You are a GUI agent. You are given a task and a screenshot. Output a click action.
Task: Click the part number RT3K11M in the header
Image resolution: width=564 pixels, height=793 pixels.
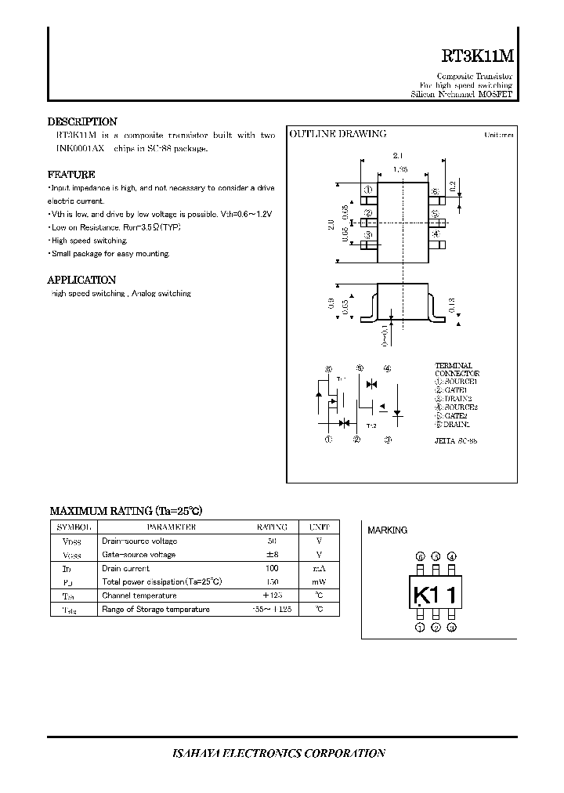tap(477, 56)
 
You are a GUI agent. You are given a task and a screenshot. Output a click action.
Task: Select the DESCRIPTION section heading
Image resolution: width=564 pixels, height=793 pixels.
tap(82, 121)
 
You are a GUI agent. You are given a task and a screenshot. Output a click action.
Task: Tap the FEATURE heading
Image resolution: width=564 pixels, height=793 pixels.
tap(71, 175)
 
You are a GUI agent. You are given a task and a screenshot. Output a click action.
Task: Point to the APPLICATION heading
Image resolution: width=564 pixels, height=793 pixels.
tap(81, 280)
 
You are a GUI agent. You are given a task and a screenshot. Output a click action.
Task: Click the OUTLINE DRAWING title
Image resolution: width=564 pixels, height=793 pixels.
tap(338, 134)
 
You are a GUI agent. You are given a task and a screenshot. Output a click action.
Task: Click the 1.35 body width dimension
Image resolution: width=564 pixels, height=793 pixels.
tap(400, 168)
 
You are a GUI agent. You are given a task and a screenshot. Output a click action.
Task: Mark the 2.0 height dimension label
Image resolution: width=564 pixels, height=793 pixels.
tap(331, 224)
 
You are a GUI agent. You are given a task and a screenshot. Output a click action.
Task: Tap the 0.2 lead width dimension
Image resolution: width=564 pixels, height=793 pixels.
tap(453, 186)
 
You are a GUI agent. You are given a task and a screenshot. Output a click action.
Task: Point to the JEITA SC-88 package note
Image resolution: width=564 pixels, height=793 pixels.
tap(456, 441)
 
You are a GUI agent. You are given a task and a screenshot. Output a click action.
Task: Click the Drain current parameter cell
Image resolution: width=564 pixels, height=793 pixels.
tap(125, 568)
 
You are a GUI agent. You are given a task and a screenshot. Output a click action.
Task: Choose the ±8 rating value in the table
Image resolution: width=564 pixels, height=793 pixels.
tap(273, 555)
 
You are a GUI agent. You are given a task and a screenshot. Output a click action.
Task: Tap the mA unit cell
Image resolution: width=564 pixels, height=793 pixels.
tap(319, 568)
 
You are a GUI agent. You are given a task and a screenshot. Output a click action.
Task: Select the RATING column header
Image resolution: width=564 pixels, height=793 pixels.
tap(272, 527)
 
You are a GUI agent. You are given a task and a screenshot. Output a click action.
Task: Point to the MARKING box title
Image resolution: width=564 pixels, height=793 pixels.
tap(387, 530)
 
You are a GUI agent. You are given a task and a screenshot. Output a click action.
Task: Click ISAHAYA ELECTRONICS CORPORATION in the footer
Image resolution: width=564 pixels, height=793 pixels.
tap(278, 753)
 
